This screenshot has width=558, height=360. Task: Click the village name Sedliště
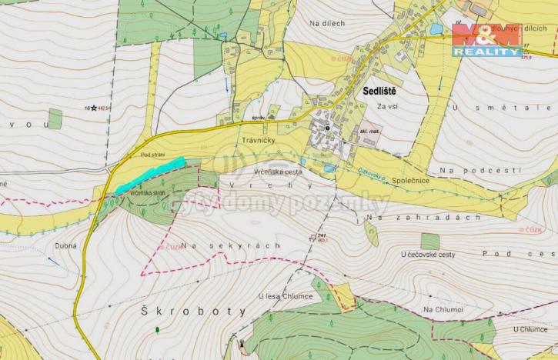tap(379, 91)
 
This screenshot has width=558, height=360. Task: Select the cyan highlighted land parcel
tap(151, 175)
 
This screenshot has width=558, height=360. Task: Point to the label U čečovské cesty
tap(430, 253)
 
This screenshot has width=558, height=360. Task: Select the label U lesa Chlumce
tap(284, 295)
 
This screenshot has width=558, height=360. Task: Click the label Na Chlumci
tap(443, 308)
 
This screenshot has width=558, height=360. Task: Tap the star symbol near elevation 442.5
tap(94, 108)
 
